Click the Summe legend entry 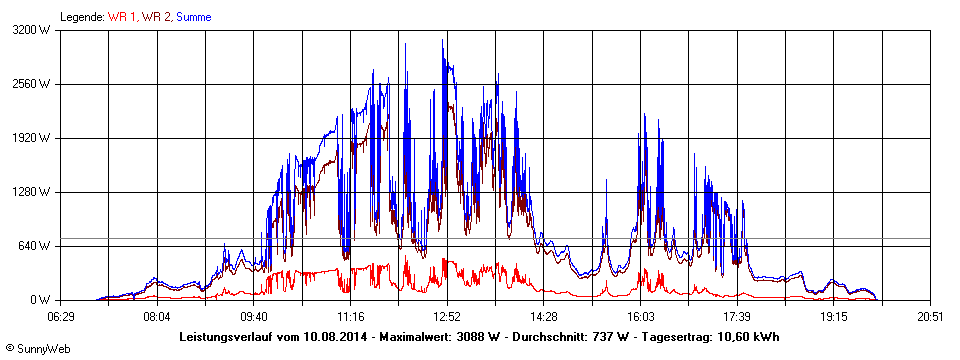coord(193,17)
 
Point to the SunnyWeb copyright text coord(38,350)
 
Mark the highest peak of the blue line coord(443,40)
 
